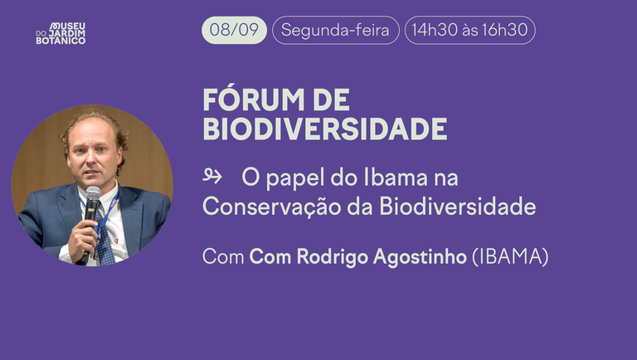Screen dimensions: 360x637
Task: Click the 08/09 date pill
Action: tap(234, 31)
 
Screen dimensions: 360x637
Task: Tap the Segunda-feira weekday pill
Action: tap(336, 31)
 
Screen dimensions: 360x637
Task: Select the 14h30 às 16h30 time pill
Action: tap(469, 31)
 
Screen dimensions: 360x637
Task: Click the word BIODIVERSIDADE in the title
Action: tap(324, 129)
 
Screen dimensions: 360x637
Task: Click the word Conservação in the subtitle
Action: tap(263, 207)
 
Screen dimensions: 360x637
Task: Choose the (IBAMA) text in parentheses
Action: tap(510, 257)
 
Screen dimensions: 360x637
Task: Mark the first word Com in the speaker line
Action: tap(223, 257)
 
